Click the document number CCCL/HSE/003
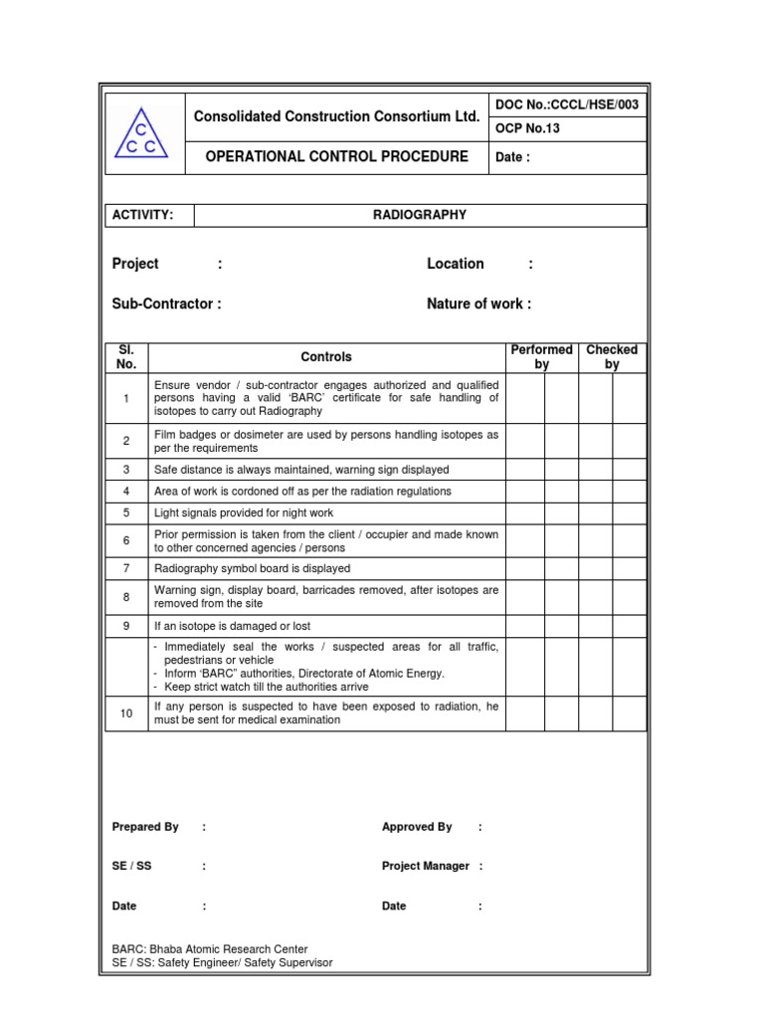[567, 104]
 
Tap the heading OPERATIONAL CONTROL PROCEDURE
[336, 157]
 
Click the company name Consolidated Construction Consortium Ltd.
[336, 116]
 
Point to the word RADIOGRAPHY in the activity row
[419, 215]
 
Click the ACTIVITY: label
[143, 215]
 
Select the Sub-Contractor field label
[167, 304]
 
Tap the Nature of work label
[478, 304]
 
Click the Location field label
[456, 264]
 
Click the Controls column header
[326, 357]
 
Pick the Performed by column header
[541, 357]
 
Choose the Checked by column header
[612, 357]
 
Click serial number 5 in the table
[126, 513]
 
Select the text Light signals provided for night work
[244, 513]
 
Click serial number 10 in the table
[126, 713]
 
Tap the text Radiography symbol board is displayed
[252, 569]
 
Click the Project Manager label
[425, 866]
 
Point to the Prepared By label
[145, 827]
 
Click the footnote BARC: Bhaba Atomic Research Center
[210, 949]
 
